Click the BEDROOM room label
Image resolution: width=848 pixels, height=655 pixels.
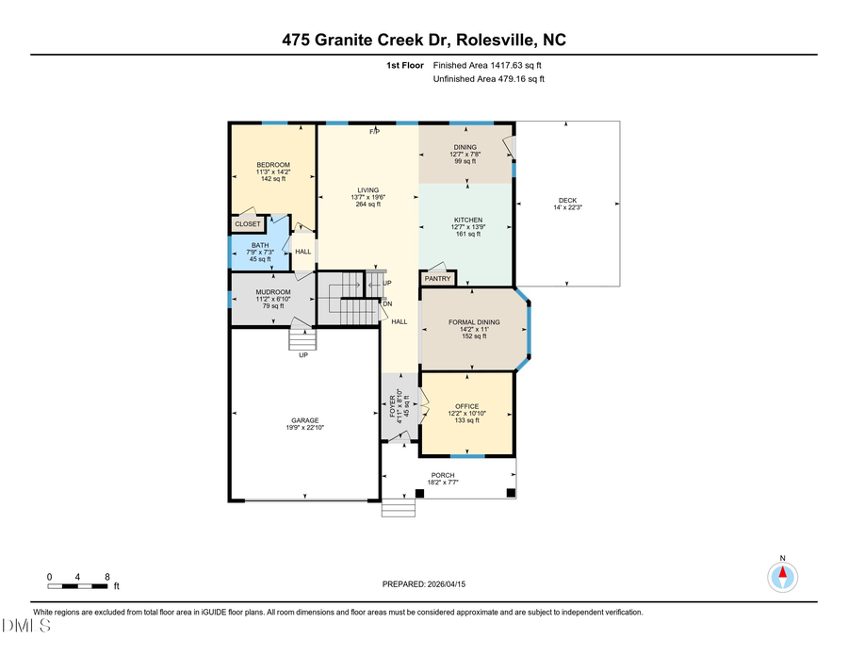coord(273,165)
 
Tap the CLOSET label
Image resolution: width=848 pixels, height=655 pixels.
coord(248,224)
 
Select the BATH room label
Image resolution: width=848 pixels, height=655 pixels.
coord(259,246)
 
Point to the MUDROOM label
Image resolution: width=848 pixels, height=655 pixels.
coord(272,292)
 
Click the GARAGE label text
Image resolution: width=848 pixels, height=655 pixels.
coord(304,420)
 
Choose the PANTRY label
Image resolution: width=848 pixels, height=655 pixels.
coord(437,279)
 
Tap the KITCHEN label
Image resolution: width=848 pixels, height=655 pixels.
coord(468,221)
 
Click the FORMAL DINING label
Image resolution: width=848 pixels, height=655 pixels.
coord(474,322)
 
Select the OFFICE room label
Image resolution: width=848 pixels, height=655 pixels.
coord(467,407)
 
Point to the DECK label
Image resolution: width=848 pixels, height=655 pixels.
coord(567,200)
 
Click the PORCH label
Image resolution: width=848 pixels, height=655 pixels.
coord(443,475)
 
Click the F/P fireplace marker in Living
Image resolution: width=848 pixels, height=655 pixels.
coord(373,131)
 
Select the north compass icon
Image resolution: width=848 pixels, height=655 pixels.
coord(782,574)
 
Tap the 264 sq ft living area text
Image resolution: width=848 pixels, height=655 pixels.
coord(367,205)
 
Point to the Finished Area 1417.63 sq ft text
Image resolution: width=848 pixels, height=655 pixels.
coord(487,66)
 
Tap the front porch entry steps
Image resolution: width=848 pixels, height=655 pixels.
coord(399,509)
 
